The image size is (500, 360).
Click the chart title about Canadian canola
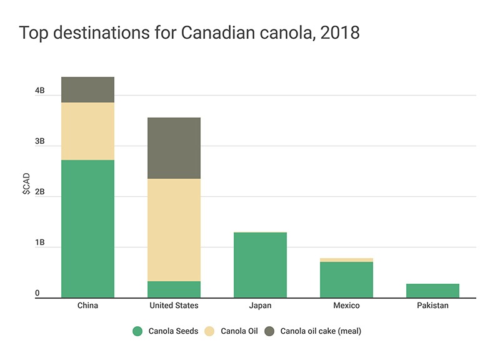(189, 33)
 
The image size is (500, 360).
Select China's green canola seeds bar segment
(87, 228)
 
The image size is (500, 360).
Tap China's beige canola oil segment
(87, 131)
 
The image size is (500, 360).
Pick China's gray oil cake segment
(87, 89)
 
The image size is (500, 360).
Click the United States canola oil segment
(174, 230)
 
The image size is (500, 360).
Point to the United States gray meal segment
(174, 148)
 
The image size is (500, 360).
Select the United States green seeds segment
(174, 289)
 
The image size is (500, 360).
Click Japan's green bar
(260, 265)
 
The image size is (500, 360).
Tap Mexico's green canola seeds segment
(346, 279)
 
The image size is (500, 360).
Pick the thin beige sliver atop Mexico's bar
(346, 259)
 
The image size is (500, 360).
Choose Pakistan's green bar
(432, 291)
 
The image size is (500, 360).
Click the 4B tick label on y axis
(40, 91)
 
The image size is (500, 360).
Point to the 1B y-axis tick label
(40, 242)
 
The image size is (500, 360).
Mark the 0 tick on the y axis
(37, 293)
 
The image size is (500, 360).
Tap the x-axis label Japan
(260, 306)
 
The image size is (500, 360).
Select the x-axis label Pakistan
(432, 306)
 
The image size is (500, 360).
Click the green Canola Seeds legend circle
(138, 331)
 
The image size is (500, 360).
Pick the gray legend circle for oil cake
(271, 331)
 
